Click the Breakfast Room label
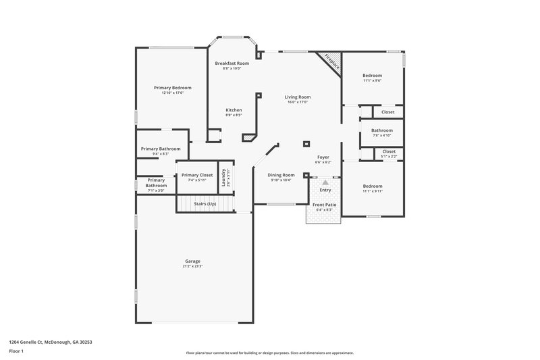232,63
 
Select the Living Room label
297,97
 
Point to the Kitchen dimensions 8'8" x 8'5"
234,115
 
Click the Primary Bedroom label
173,88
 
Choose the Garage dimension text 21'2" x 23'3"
192,266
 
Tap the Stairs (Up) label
205,203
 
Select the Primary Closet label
197,175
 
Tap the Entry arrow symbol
325,182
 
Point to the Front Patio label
325,204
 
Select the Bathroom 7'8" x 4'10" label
382,130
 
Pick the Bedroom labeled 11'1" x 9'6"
373,76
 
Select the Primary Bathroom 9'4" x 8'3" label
161,149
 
